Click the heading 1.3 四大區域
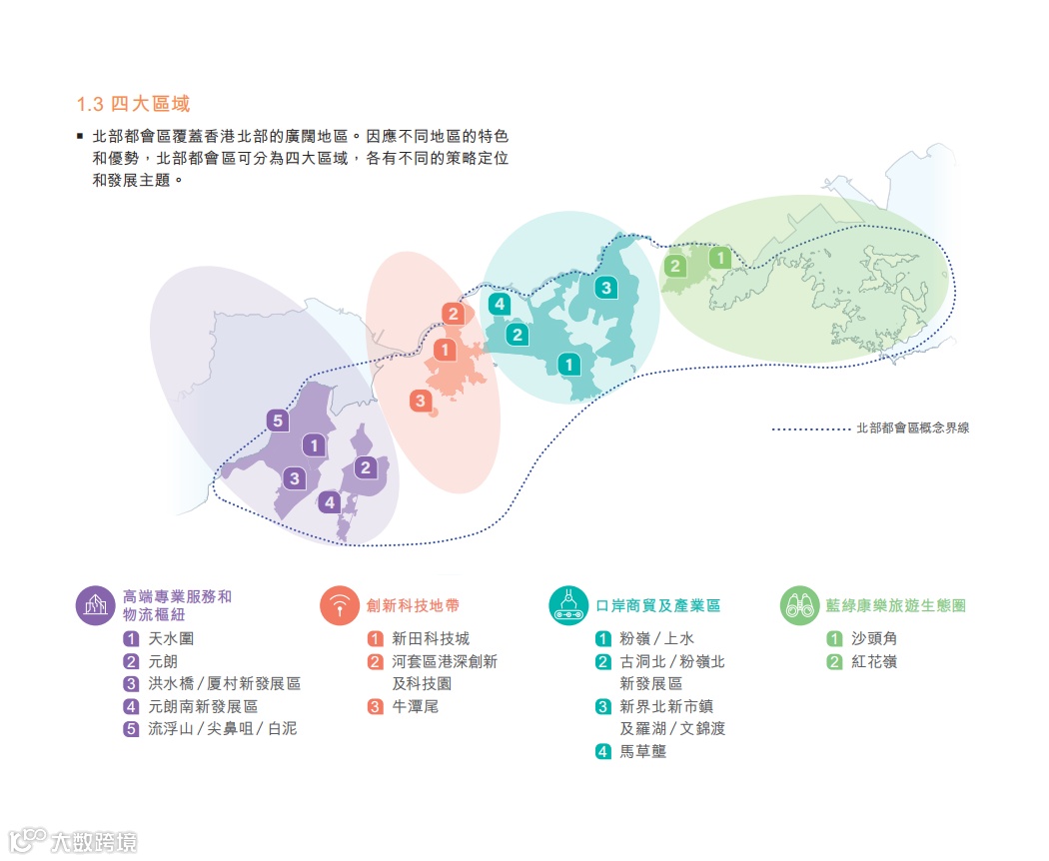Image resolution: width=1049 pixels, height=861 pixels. pyautogui.click(x=133, y=104)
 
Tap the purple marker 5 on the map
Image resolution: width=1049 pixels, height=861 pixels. pyautogui.click(x=278, y=421)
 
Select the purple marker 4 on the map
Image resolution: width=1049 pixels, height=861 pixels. pyautogui.click(x=330, y=502)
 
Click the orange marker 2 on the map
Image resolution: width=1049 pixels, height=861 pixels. pyautogui.click(x=454, y=314)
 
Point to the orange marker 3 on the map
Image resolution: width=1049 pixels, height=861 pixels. pyautogui.click(x=421, y=402)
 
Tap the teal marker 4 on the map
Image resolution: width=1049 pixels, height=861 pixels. pyautogui.click(x=500, y=304)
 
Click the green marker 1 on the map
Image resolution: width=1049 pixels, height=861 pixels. pyautogui.click(x=719, y=258)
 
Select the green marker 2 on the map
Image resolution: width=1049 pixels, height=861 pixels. pyautogui.click(x=675, y=266)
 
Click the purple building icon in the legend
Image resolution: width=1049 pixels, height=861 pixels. pyautogui.click(x=95, y=605)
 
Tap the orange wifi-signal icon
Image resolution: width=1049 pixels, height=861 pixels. pyautogui.click(x=340, y=605)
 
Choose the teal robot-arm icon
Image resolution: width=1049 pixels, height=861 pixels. pyautogui.click(x=568, y=605)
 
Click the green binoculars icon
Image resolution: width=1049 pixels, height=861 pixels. pyautogui.click(x=799, y=605)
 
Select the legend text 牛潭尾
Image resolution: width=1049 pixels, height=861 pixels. pyautogui.click(x=415, y=706)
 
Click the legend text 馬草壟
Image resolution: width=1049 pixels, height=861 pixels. pyautogui.click(x=643, y=751)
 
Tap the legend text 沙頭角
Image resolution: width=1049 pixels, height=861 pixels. pyautogui.click(x=875, y=638)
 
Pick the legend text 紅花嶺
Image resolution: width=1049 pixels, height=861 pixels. pyautogui.click(x=875, y=661)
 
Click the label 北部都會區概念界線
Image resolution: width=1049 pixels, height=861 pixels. pyautogui.click(x=912, y=428)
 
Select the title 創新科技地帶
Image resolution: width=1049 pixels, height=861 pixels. pyautogui.click(x=413, y=605)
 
